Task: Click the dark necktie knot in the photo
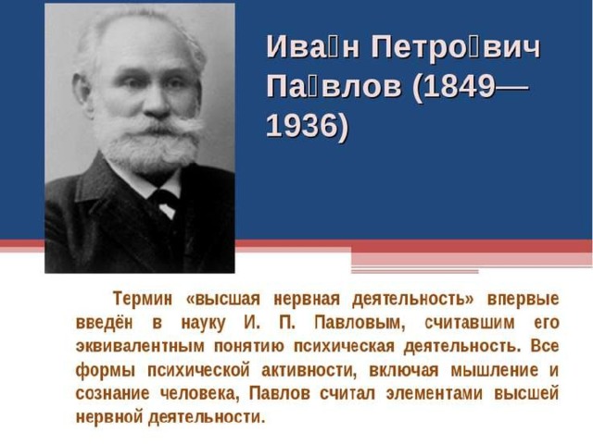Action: point(163,197)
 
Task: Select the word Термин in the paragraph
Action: point(143,299)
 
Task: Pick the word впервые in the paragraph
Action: point(523,300)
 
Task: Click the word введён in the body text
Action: point(105,323)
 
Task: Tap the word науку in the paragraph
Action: point(203,324)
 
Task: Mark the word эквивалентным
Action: point(140,347)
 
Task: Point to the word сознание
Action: point(112,394)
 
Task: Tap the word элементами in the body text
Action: point(435,394)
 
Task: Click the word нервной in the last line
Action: point(109,417)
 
